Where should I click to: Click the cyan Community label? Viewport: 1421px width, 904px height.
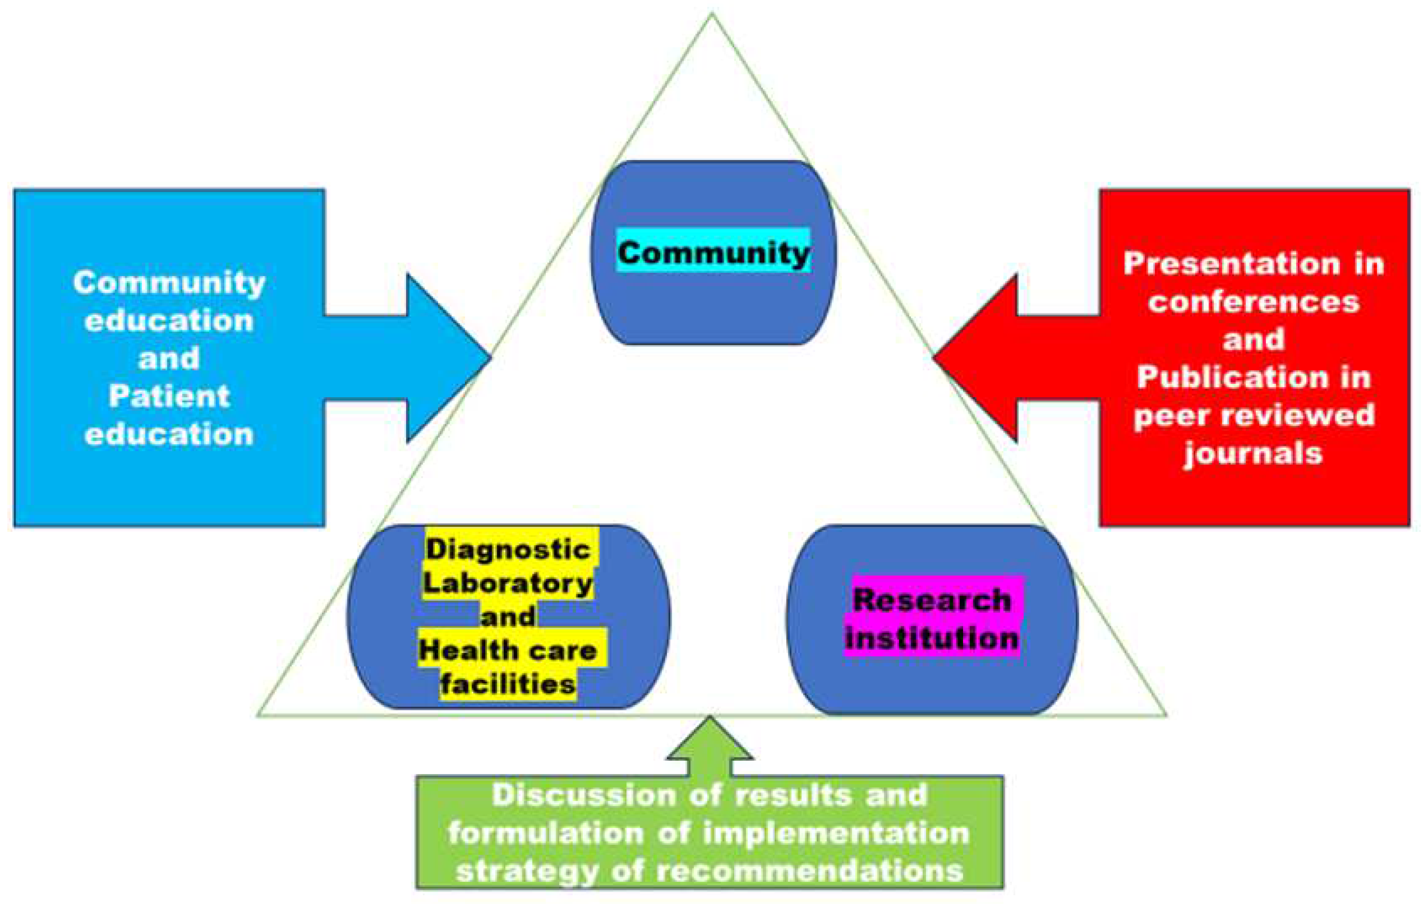pyautogui.click(x=713, y=252)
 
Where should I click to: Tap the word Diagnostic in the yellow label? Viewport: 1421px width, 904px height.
pyautogui.click(x=507, y=550)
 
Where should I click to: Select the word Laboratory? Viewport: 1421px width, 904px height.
pyautogui.click(x=507, y=584)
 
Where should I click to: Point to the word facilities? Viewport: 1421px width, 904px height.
pyautogui.click(x=507, y=684)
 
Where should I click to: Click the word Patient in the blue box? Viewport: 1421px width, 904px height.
pyautogui.click(x=169, y=396)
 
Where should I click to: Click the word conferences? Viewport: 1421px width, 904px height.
pyautogui.click(x=1254, y=302)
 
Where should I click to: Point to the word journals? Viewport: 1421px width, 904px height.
pyautogui.click(x=1254, y=453)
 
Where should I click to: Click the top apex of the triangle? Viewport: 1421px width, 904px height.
pyautogui.click(x=712, y=14)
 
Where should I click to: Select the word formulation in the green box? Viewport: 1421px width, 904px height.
pyautogui.click(x=545, y=833)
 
